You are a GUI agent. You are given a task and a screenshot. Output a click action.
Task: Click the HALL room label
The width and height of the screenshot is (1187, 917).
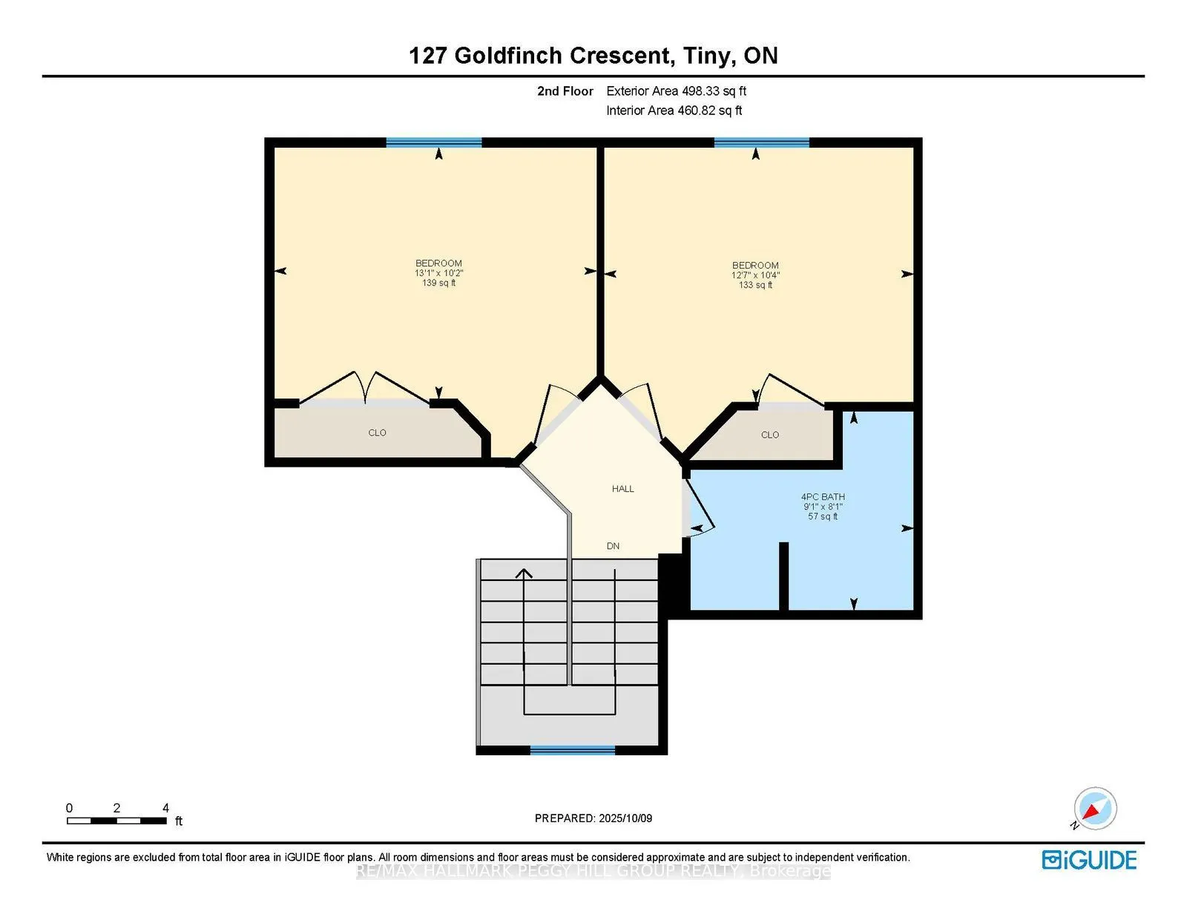click(622, 489)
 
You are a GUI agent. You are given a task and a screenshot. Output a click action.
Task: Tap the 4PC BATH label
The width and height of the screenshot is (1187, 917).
click(823, 497)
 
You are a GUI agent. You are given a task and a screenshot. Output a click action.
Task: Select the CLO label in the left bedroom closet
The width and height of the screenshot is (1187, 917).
click(377, 433)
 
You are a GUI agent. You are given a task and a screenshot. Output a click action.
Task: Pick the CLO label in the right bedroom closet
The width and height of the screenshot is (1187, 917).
click(770, 435)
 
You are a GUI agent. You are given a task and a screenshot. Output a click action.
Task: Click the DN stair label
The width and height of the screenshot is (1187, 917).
click(613, 546)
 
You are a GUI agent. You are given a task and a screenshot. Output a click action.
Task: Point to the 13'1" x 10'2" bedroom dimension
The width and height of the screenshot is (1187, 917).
click(438, 273)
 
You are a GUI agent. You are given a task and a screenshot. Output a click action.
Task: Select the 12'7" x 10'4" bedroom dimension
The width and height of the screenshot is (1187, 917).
click(755, 275)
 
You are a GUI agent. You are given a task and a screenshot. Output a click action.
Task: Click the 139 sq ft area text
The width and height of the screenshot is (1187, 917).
click(438, 283)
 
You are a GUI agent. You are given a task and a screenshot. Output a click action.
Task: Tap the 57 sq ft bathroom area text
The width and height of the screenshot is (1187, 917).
click(823, 516)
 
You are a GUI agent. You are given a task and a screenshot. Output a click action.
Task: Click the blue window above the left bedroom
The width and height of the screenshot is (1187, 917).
click(434, 142)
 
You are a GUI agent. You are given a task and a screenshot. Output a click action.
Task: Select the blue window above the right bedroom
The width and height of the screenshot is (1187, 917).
click(761, 142)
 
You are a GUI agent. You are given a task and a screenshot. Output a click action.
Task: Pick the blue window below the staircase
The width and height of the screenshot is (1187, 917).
click(573, 750)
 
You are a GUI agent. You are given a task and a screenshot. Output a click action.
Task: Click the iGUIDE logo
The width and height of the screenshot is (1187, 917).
click(1089, 860)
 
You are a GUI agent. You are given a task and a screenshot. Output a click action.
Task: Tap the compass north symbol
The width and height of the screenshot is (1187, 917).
click(1095, 809)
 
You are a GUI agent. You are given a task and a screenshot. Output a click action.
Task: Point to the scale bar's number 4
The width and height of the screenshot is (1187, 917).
click(165, 808)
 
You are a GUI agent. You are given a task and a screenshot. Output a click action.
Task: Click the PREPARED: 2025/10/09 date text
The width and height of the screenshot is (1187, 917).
click(593, 818)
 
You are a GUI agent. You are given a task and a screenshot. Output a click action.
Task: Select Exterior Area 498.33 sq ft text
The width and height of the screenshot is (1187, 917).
click(676, 91)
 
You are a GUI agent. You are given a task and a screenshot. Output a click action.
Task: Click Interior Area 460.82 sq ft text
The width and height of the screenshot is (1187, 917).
click(674, 111)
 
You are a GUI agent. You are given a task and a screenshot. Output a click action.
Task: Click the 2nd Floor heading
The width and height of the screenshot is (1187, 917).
click(565, 91)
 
